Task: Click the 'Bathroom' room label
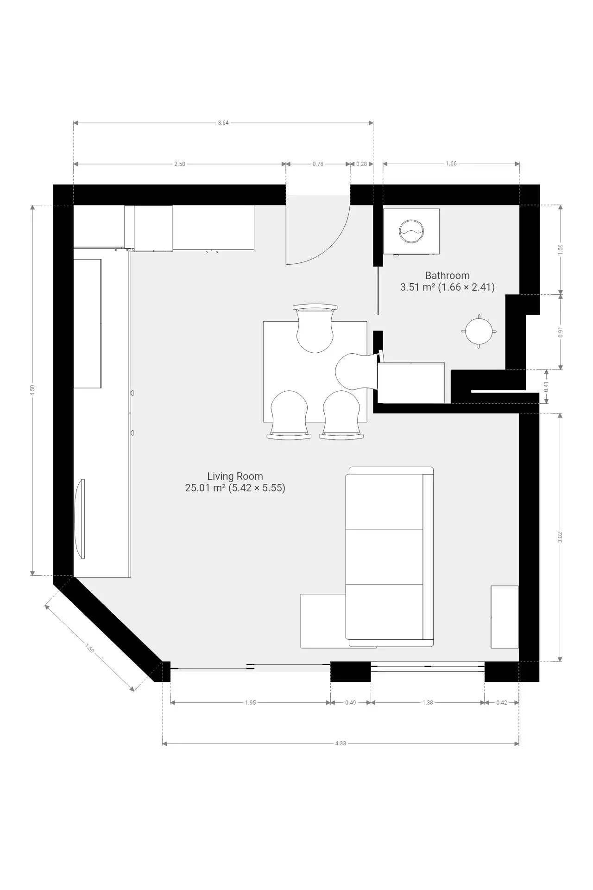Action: click(x=447, y=275)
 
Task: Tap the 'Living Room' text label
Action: click(x=235, y=476)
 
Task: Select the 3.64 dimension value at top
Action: click(x=223, y=123)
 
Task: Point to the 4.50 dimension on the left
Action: click(x=32, y=390)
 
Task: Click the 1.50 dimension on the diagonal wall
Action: click(x=89, y=648)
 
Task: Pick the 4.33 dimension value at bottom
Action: click(x=341, y=743)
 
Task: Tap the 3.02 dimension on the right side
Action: click(x=560, y=537)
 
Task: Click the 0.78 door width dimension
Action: click(x=318, y=164)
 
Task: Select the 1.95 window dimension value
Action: click(x=250, y=702)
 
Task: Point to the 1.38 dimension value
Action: click(x=428, y=702)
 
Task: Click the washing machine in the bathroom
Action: click(x=411, y=231)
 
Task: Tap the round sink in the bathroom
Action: click(x=479, y=331)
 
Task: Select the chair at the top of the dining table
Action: click(x=315, y=328)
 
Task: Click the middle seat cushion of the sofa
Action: click(x=385, y=556)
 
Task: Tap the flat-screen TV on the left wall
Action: click(x=80, y=519)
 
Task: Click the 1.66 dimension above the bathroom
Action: click(x=451, y=164)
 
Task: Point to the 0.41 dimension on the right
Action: click(x=546, y=387)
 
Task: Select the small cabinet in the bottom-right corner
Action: click(x=505, y=617)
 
